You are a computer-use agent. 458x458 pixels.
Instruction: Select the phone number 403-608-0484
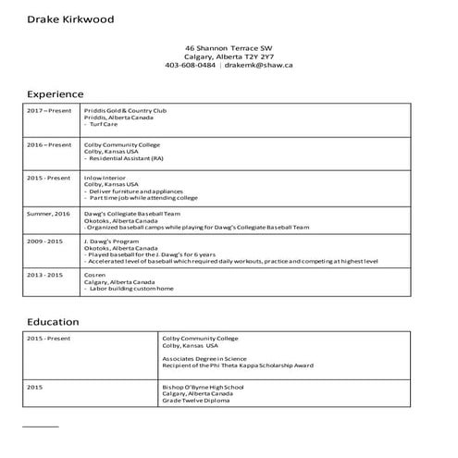(191, 66)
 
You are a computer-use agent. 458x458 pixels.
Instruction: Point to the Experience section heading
(56, 94)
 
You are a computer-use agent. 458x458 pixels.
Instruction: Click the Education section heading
(53, 322)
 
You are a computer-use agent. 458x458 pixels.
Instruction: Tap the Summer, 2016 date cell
(49, 214)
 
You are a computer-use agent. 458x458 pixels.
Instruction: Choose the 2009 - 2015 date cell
(44, 241)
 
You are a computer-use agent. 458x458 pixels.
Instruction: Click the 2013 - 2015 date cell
(44, 275)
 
